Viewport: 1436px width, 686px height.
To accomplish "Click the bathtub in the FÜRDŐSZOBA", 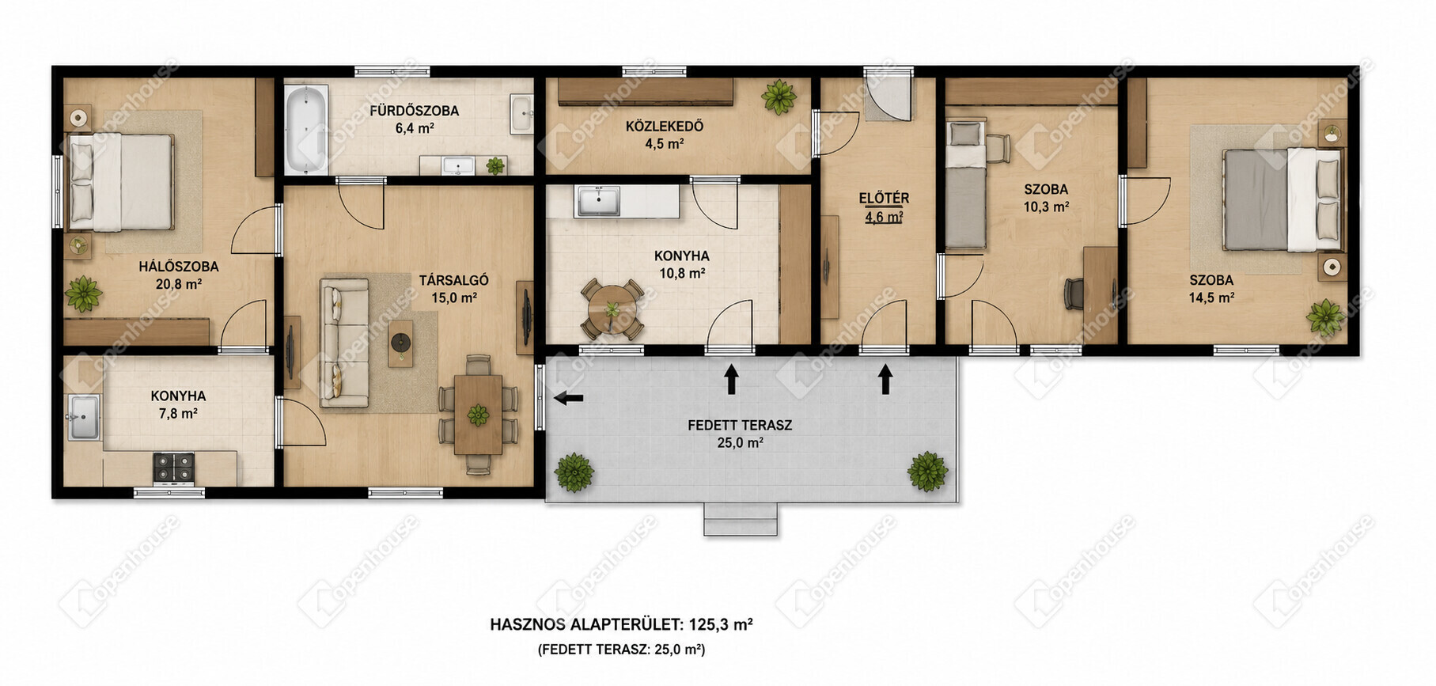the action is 305,130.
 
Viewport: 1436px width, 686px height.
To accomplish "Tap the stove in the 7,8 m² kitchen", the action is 173,468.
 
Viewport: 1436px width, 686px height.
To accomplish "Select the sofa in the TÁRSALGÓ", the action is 344,343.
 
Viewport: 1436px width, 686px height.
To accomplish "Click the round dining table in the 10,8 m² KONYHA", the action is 612,309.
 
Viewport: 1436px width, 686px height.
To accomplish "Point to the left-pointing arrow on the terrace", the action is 568,398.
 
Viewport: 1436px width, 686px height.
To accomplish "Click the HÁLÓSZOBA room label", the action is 179,267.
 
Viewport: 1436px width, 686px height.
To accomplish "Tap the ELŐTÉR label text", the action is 885,199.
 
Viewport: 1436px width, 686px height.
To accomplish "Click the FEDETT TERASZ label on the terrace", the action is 740,425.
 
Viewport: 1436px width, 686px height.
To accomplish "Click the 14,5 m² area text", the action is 1211,298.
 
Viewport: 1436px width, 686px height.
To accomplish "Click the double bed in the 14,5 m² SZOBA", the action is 1282,199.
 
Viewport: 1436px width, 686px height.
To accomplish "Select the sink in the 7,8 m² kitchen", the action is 83,418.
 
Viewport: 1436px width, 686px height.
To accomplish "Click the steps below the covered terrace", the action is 741,519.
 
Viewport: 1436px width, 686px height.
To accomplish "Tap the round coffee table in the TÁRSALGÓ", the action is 401,343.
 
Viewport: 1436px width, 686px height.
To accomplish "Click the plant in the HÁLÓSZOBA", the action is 83,294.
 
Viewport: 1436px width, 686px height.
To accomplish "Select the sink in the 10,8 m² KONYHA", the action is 599,201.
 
